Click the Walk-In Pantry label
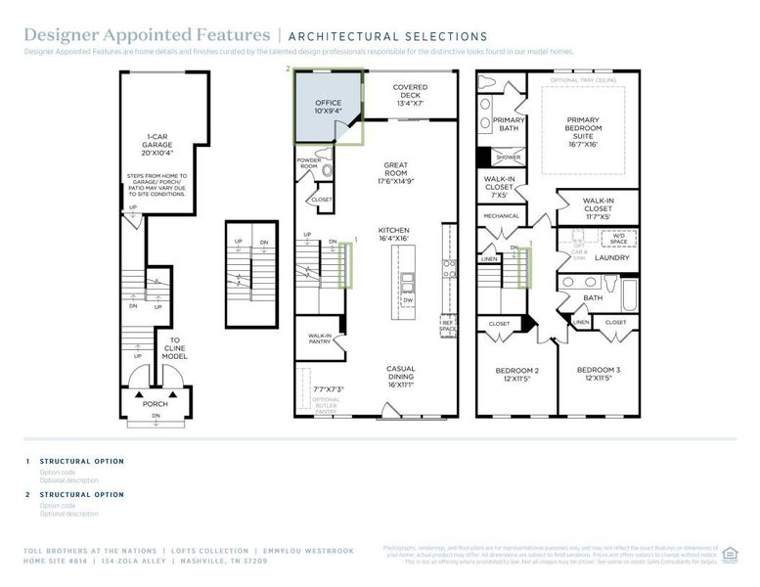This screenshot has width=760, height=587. tap(320, 338)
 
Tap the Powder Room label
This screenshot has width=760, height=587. tap(309, 161)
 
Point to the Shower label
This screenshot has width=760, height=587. tap(508, 157)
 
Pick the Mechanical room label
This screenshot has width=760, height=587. tap(501, 216)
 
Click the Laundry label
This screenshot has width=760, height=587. tap(611, 257)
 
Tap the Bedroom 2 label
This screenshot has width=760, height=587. tap(515, 374)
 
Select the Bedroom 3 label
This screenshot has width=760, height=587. tap(596, 374)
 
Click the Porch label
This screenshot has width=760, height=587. tap(156, 403)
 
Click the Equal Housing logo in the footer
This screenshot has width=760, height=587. tap(730, 554)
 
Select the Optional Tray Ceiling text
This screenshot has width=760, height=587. tap(583, 79)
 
